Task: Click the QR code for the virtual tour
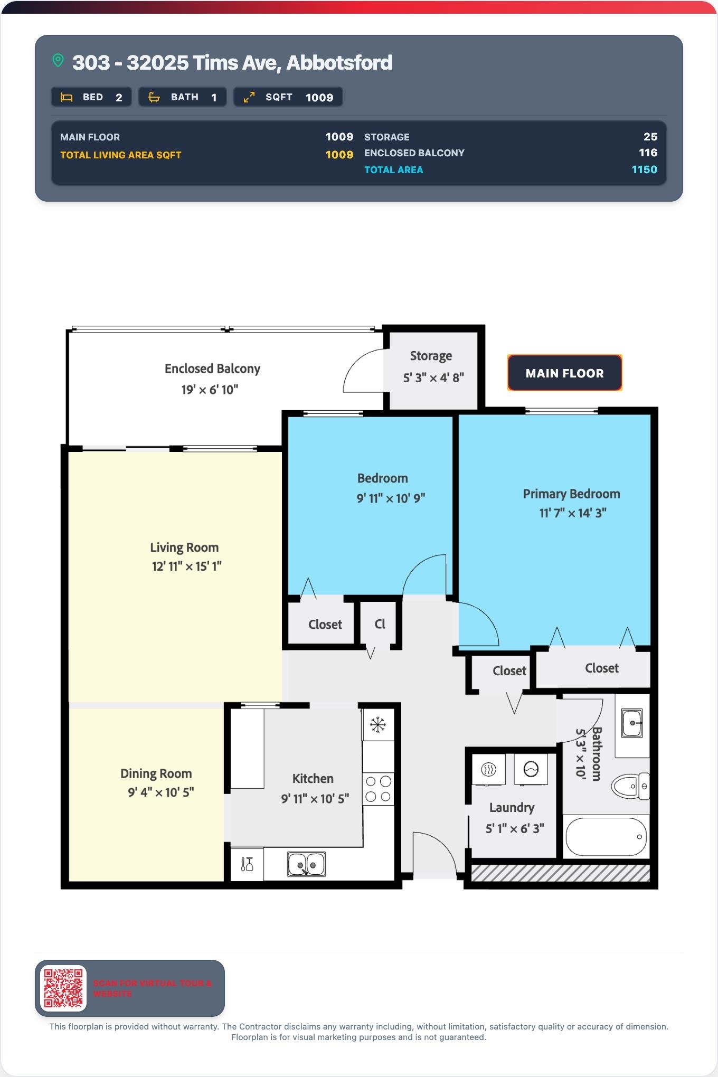tap(63, 988)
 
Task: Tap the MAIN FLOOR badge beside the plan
tap(564, 373)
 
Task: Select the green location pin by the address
tap(58, 61)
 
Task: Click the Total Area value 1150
tap(644, 169)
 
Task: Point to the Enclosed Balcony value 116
tap(648, 153)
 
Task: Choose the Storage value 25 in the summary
tap(650, 137)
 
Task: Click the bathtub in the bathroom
tap(606, 837)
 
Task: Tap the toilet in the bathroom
tap(630, 786)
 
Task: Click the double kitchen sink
tap(306, 864)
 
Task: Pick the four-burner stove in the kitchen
tap(378, 789)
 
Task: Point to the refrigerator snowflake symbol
tap(377, 725)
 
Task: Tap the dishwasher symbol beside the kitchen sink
tap(247, 864)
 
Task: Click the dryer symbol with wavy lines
tap(489, 769)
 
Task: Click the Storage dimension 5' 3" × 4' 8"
tap(433, 377)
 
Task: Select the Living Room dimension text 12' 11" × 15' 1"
tap(187, 566)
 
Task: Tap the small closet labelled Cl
tap(380, 623)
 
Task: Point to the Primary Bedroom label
tap(571, 494)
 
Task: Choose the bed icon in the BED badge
tap(67, 97)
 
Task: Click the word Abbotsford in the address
tap(339, 63)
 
